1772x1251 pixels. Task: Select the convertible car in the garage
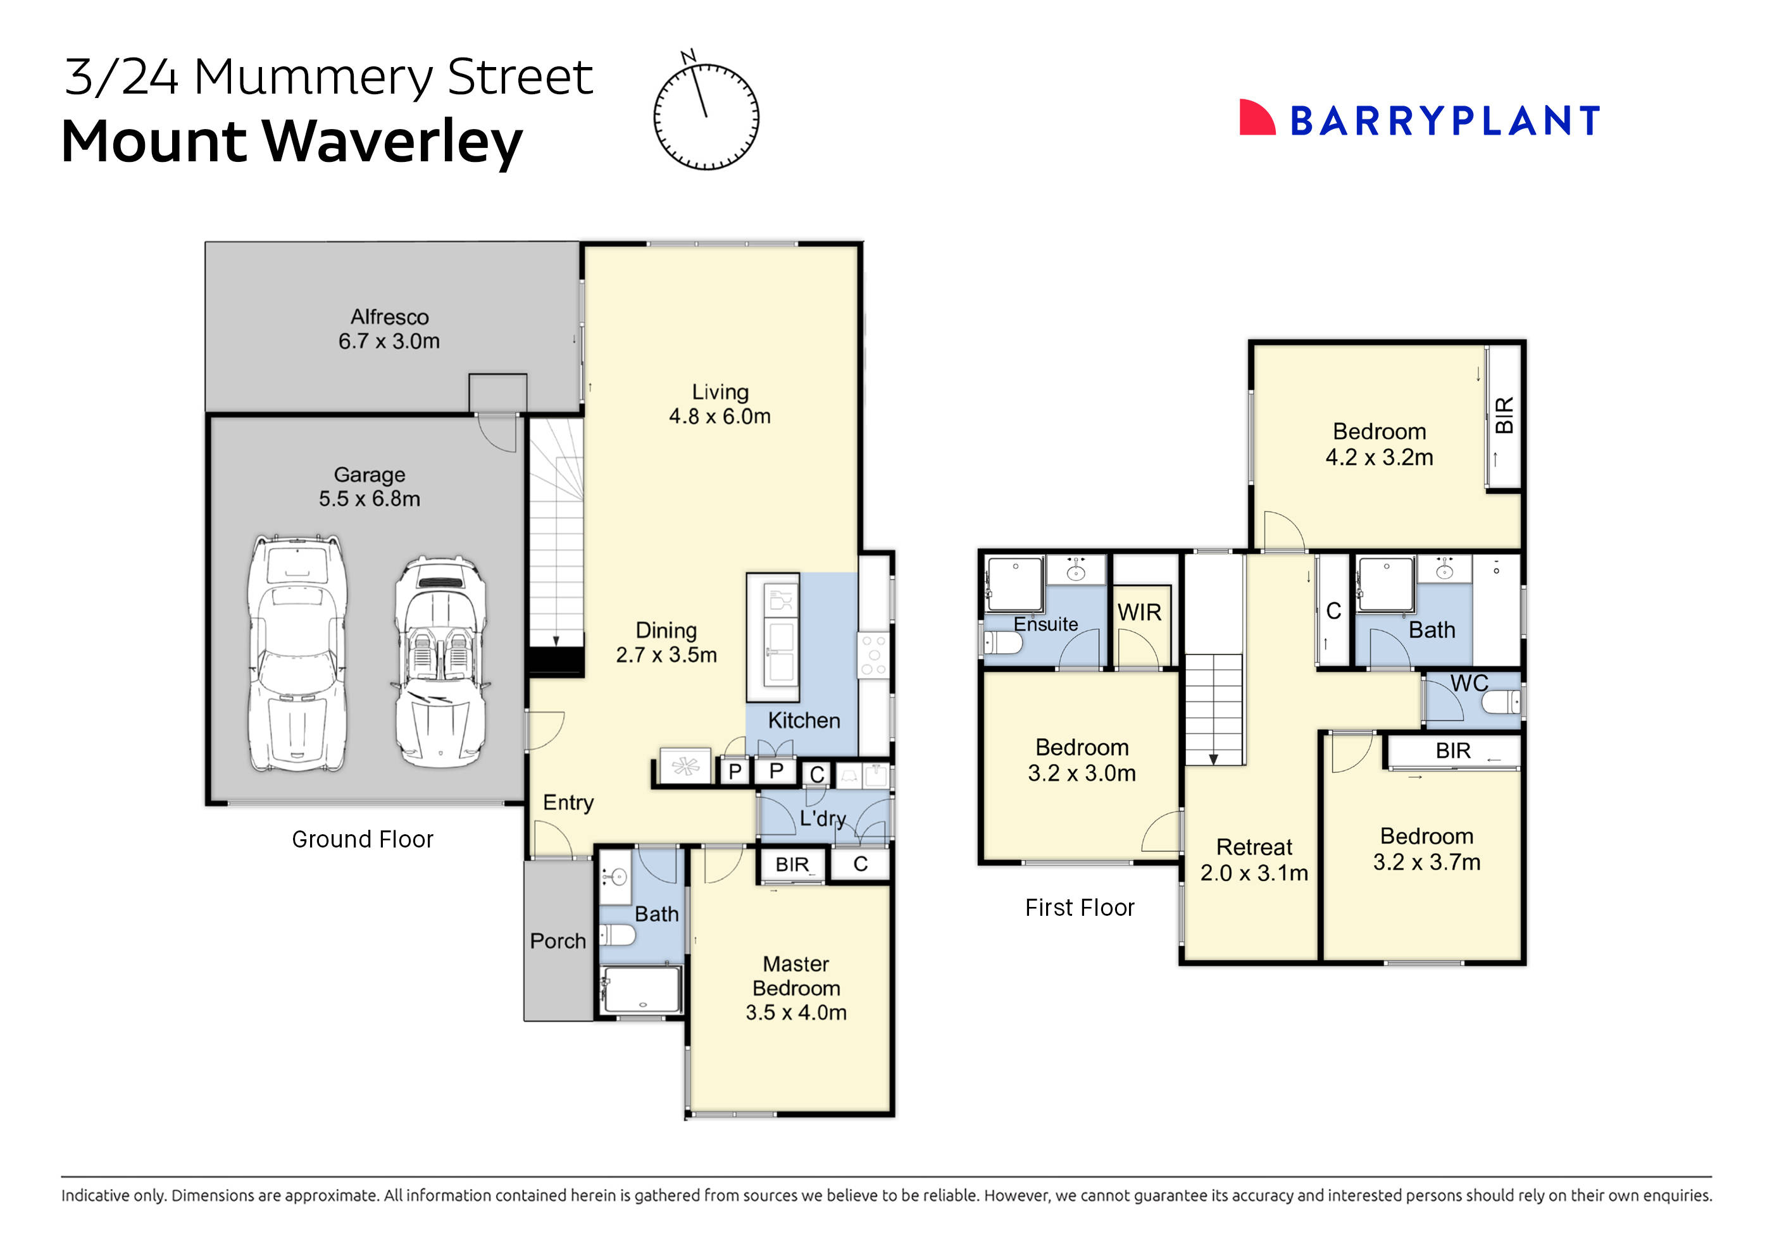[x=440, y=662]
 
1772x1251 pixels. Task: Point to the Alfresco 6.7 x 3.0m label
[x=389, y=328]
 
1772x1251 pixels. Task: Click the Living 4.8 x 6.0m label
[x=720, y=404]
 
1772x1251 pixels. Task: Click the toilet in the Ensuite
[x=1002, y=642]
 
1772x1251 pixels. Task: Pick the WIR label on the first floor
[x=1139, y=612]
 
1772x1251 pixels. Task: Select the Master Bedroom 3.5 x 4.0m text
[x=796, y=988]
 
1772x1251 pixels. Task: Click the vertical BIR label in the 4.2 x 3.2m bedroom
[x=1504, y=415]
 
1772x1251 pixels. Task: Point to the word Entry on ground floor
[x=568, y=803]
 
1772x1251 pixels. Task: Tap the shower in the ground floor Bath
[x=641, y=990]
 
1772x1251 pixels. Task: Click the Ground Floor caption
[x=362, y=839]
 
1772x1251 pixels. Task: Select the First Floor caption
[x=1079, y=908]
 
